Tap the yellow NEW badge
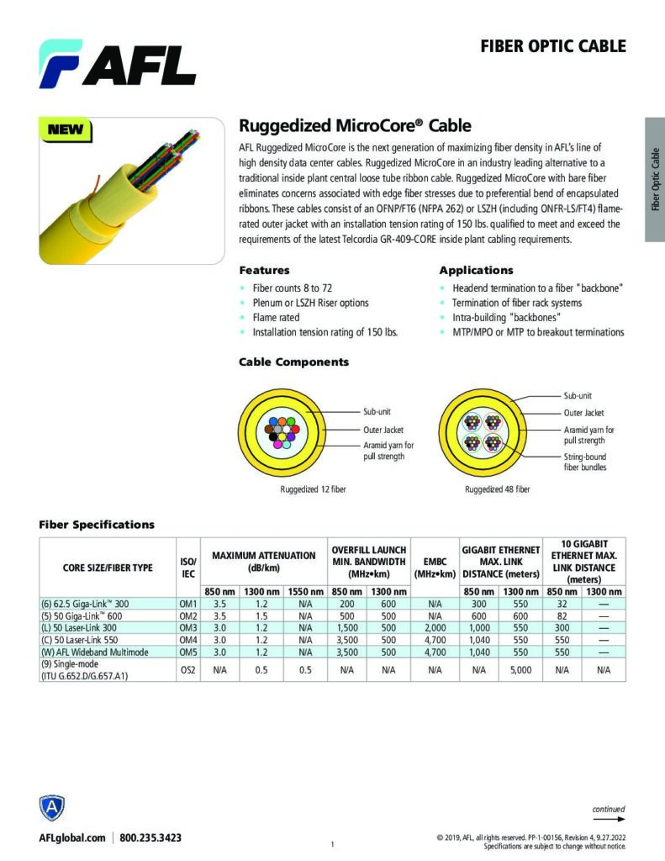[x=65, y=129]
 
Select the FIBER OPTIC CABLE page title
[x=552, y=46]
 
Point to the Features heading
[x=264, y=271]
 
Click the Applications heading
[x=476, y=271]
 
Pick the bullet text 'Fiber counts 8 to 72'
[x=292, y=288]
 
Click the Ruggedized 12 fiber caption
[x=313, y=489]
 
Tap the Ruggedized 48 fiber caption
[x=498, y=489]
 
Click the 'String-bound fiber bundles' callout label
[x=584, y=462]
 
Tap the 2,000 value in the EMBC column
[x=435, y=627]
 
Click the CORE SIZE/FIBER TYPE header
[x=108, y=568]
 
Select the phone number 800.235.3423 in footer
[x=150, y=837]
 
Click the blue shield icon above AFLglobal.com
[x=52, y=809]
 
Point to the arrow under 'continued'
[x=609, y=819]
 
